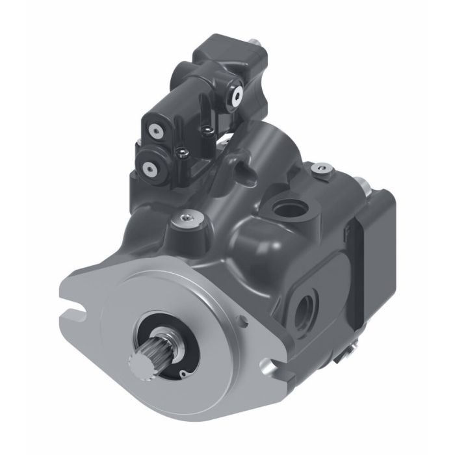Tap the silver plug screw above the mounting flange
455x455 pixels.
coord(185,220)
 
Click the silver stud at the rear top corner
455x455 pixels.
coord(365,186)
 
